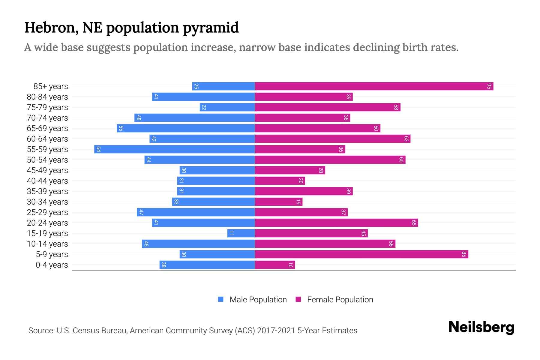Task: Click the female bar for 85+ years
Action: [x=374, y=86]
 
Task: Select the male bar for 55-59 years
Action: [x=175, y=149]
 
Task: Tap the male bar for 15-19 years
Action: [x=241, y=233]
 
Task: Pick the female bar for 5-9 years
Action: [x=361, y=254]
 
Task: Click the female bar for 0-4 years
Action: [x=275, y=265]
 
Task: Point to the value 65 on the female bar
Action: [x=414, y=223]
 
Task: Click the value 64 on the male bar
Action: [x=98, y=149]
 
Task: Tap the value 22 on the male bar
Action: [x=204, y=107]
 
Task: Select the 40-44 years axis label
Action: [x=47, y=181]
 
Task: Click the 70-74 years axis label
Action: [x=47, y=118]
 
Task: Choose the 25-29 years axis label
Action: [x=47, y=212]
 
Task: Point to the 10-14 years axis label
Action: [x=47, y=244]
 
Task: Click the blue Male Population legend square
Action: [x=221, y=299]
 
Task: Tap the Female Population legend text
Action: [x=340, y=300]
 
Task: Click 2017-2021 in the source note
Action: [x=276, y=331]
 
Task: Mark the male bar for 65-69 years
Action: [x=186, y=128]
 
